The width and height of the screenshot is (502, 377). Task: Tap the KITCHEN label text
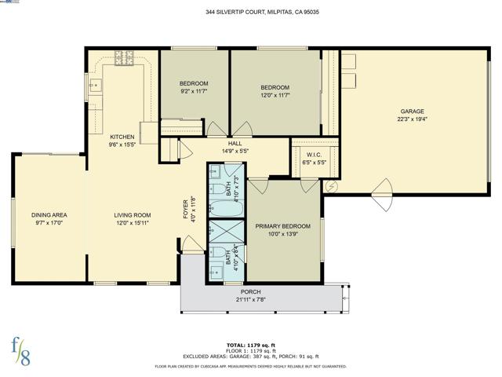(122, 137)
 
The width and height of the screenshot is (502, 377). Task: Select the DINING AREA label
(49, 214)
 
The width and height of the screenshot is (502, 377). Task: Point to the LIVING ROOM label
(132, 214)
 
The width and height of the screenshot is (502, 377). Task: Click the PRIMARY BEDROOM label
(283, 226)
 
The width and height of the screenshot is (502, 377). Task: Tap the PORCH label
(251, 291)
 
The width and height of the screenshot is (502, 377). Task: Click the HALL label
(235, 144)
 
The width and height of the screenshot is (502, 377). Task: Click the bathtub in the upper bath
(227, 209)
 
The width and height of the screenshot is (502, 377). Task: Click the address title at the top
(251, 13)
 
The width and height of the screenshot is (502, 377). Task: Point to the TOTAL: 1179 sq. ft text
(251, 345)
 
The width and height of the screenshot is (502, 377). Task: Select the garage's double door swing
(382, 194)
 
